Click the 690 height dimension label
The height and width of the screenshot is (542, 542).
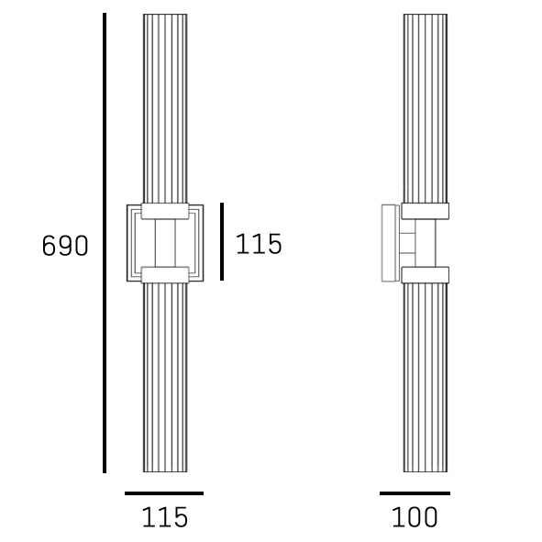coord(65,246)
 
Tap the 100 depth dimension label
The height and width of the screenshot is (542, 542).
coord(415,517)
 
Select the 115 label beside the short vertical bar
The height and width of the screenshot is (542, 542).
coord(259,244)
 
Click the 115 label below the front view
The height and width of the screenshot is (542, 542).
coord(164,517)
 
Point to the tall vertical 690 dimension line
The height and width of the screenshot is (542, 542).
coord(105,243)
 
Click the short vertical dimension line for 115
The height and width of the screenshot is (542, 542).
coord(222,241)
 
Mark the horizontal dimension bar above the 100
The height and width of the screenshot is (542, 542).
coord(415,493)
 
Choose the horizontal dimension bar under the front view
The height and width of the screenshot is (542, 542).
coord(164,493)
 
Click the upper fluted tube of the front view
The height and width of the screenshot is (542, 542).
coord(165,108)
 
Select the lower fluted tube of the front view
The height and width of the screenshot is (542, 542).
coord(165,378)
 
